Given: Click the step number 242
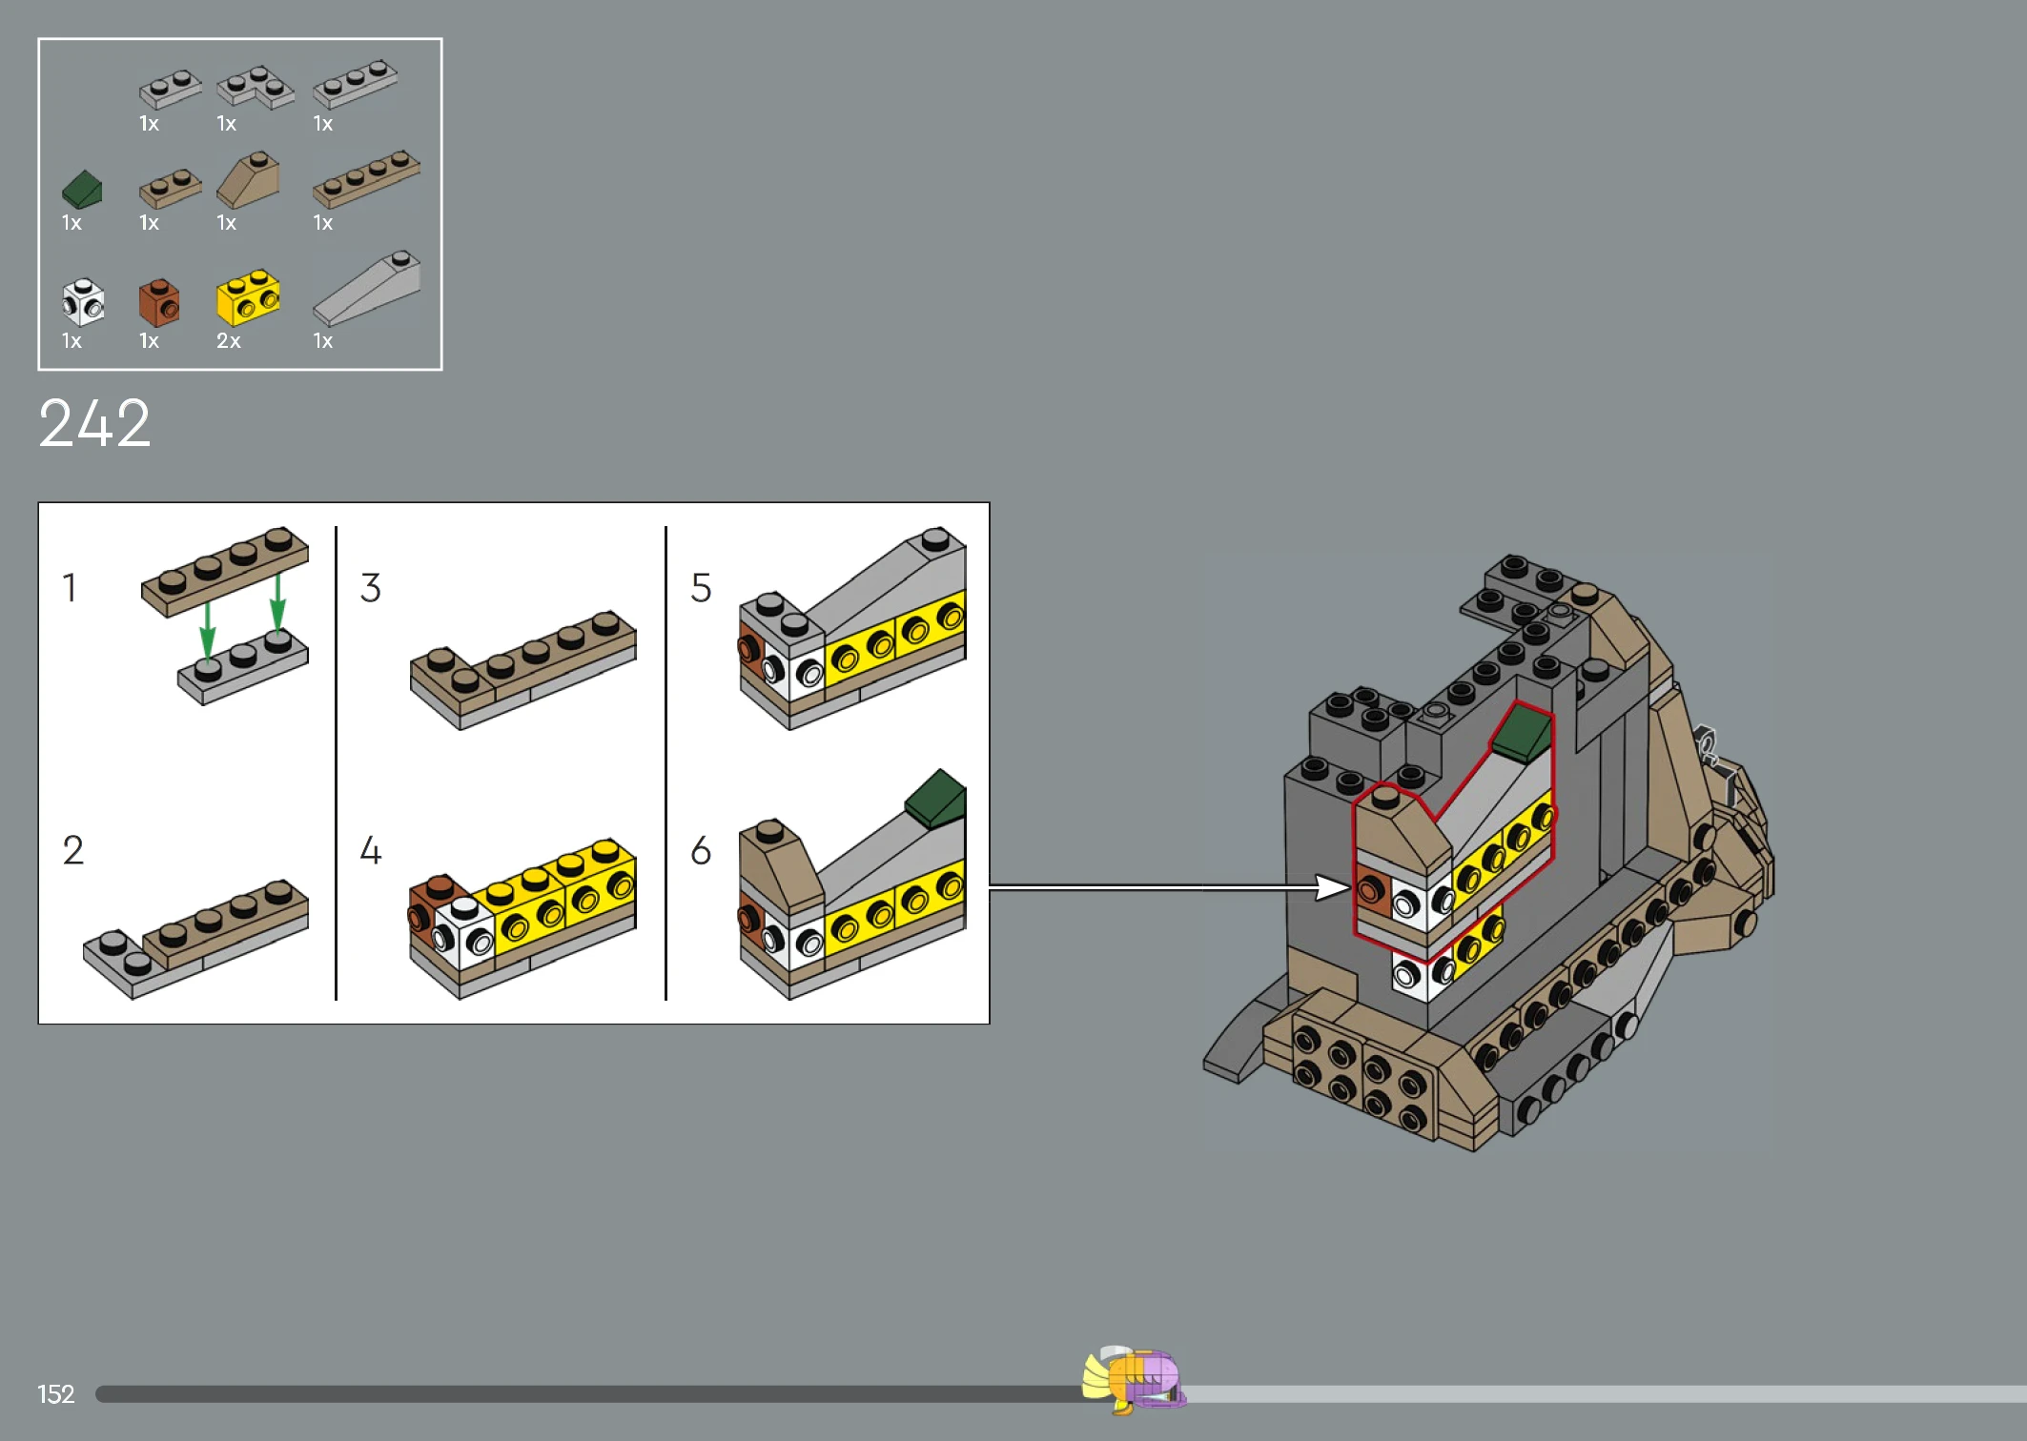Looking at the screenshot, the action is coord(94,423).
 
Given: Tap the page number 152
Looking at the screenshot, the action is coord(55,1394).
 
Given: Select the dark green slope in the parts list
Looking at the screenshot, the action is coord(82,190).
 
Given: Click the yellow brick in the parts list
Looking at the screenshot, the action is coord(248,297).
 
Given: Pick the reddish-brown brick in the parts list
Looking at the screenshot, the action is coord(159,302).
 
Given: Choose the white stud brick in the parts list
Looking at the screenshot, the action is coord(83,302).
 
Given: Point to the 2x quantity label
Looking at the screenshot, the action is coord(229,341).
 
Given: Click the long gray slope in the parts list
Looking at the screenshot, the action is coord(367,289).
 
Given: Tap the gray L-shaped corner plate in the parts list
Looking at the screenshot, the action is coord(256,87).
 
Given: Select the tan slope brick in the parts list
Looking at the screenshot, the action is coord(248,179).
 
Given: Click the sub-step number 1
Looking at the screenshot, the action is coord(70,587).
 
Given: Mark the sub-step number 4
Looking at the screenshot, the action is coord(371,850).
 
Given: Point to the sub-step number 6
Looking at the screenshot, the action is coord(701,850).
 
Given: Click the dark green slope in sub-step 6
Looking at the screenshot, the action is coord(936,799).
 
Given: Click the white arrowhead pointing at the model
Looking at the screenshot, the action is coord(1333,887).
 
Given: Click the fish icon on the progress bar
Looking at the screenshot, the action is coord(1134,1379).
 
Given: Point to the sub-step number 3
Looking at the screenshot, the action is coord(371,587).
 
